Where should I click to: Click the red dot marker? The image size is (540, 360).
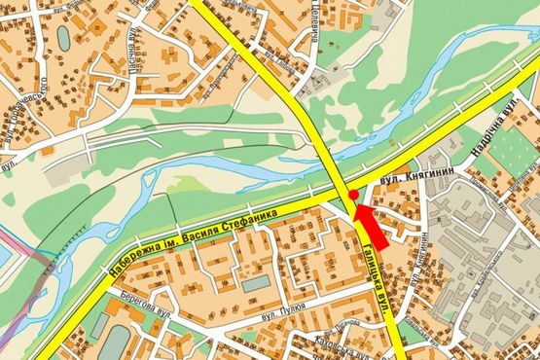tap(353, 196)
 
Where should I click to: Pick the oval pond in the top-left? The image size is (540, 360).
tap(64, 37)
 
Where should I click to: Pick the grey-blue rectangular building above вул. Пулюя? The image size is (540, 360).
tap(255, 285)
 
